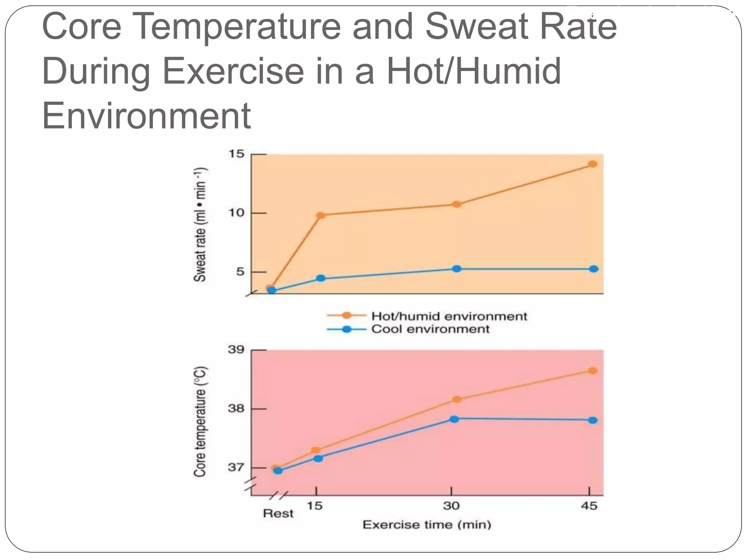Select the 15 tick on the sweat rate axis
pyautogui.click(x=236, y=154)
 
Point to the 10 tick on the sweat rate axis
pyautogui.click(x=236, y=213)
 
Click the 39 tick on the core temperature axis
pyautogui.click(x=236, y=350)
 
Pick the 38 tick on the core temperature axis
pyautogui.click(x=236, y=408)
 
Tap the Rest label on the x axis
pyautogui.click(x=278, y=514)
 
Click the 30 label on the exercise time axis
pyautogui.click(x=451, y=506)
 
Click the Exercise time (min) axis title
pyautogui.click(x=427, y=525)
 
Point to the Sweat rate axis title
pyautogui.click(x=200, y=225)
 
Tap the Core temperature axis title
pyautogui.click(x=200, y=421)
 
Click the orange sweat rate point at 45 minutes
pyautogui.click(x=593, y=164)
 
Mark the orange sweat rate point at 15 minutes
pyautogui.click(x=321, y=215)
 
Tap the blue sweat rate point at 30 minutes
pyautogui.click(x=457, y=269)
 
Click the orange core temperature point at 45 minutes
pyautogui.click(x=593, y=371)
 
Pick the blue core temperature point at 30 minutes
pyautogui.click(x=454, y=419)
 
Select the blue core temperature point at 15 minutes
pyautogui.click(x=318, y=459)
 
